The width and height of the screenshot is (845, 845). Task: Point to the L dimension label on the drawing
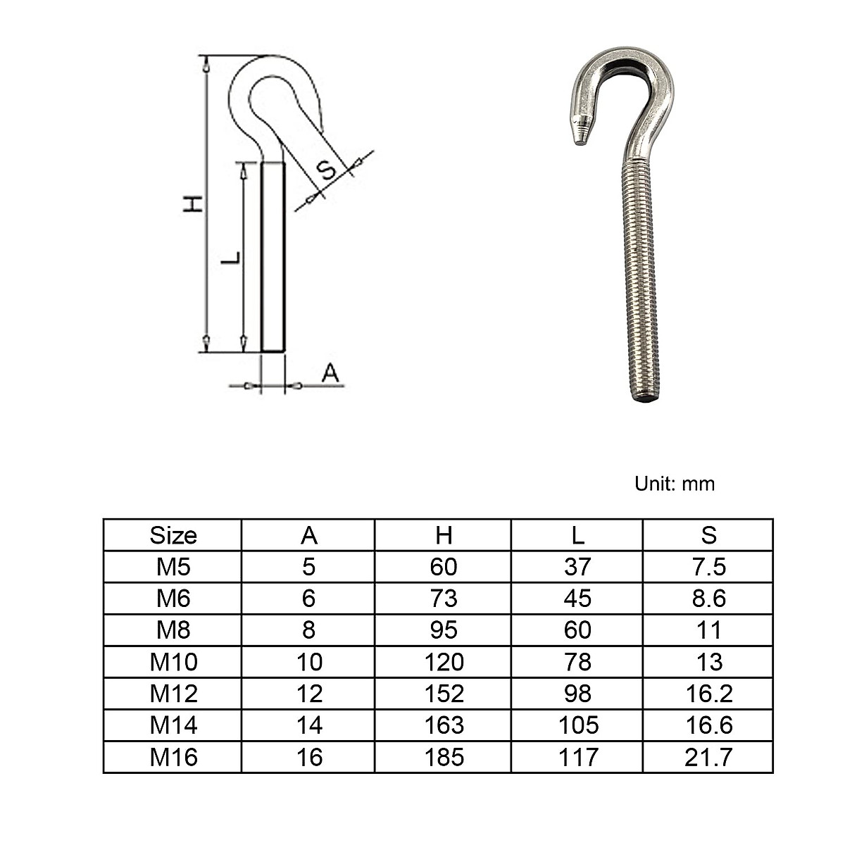click(x=231, y=258)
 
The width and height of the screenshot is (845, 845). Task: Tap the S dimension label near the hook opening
click(x=326, y=170)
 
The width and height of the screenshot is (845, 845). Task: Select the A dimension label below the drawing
click(x=330, y=374)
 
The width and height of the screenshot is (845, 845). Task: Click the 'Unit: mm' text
click(x=674, y=484)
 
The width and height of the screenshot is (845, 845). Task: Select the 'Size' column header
click(x=173, y=536)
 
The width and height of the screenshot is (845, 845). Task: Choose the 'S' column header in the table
click(x=708, y=536)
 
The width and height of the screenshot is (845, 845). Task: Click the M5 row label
click(x=173, y=567)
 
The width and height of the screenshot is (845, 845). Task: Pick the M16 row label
click(x=173, y=757)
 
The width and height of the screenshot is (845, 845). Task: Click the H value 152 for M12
click(x=444, y=694)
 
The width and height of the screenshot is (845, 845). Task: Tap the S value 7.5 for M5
click(x=708, y=567)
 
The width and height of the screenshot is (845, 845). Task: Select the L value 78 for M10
click(x=577, y=662)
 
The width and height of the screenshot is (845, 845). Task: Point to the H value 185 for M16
click(x=444, y=757)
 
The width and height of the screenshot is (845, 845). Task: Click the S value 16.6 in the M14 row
click(x=708, y=725)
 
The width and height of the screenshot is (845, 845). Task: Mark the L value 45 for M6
click(x=577, y=599)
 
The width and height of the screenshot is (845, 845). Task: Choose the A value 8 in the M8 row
click(x=308, y=630)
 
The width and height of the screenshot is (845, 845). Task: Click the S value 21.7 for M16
click(x=708, y=757)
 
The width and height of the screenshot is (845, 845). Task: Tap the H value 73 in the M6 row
click(x=444, y=599)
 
